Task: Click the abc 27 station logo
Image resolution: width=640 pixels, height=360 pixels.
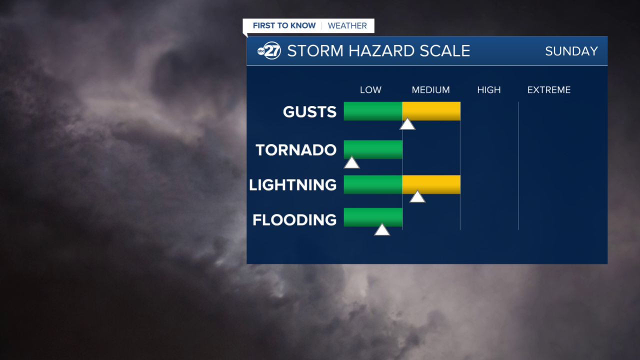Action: pos(269,51)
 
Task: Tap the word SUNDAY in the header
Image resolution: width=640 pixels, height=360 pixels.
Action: pos(571,51)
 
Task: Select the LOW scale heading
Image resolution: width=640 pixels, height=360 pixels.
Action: pos(370,90)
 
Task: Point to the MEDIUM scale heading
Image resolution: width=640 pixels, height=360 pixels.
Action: pos(430,90)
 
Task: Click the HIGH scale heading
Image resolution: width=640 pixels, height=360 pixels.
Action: pos(488,90)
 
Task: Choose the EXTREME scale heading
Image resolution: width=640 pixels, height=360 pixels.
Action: pos(548,90)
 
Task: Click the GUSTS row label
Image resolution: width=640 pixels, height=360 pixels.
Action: pos(309,112)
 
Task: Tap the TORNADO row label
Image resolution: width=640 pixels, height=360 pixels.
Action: pos(296,150)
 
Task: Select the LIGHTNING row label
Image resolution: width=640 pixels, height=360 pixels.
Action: pos(293,185)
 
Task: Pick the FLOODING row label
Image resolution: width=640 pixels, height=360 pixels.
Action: pos(294,220)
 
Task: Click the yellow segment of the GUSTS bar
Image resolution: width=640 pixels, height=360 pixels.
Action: pos(431,111)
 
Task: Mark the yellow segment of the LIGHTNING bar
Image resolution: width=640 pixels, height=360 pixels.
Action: pos(431,184)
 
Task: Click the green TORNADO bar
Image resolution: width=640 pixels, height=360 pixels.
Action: pos(373,149)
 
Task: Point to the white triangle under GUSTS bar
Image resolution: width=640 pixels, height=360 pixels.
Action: pos(407,124)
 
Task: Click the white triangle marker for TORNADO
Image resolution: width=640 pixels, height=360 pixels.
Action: pos(351,163)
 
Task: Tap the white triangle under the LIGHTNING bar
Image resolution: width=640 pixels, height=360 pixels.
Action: pos(417,197)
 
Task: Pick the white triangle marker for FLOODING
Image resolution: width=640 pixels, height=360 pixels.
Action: pos(382,230)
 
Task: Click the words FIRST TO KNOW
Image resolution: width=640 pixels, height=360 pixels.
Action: pos(284,25)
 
